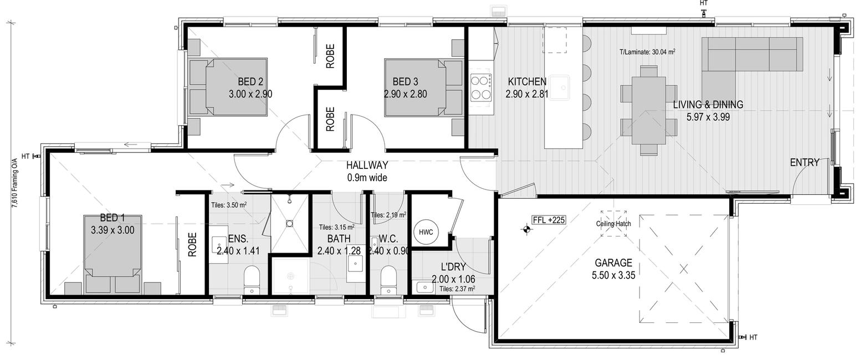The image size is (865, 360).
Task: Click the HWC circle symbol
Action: click(426, 232)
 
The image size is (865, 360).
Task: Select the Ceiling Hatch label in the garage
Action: click(613, 223)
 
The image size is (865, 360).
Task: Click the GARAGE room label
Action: click(613, 263)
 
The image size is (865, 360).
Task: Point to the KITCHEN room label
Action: click(527, 82)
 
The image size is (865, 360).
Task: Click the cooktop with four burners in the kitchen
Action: click(481, 88)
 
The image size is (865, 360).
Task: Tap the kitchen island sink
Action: click(559, 88)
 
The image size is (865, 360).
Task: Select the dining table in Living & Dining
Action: click(649, 110)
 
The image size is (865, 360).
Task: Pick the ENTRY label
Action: click(805, 162)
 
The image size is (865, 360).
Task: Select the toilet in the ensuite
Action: click(252, 280)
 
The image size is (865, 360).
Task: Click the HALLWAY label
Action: click(367, 165)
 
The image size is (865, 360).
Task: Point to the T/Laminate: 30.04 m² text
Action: click(647, 52)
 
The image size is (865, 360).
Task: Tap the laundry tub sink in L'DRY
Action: click(424, 287)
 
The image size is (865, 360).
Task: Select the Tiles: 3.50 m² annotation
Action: click(229, 205)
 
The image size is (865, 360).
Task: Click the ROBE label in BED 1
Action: click(192, 245)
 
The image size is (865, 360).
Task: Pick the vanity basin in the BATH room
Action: click(355, 264)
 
